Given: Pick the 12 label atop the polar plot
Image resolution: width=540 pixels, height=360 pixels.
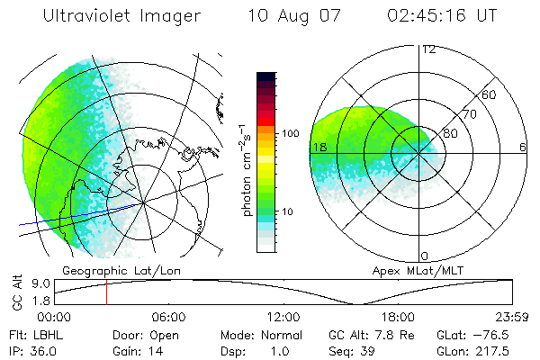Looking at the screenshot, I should coord(428,49).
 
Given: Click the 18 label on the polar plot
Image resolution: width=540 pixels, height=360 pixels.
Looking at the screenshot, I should coord(318,146).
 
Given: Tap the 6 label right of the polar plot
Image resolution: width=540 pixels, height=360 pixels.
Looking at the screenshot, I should coord(522,146).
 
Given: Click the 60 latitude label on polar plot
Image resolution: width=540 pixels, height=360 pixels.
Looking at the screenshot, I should coord(490,94).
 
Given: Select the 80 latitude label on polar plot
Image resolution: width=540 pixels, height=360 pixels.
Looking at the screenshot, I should coord(451,133).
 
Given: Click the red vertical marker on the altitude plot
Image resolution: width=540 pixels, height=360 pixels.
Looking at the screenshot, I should coord(106,292).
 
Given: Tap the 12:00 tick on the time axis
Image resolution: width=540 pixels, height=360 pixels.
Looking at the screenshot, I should coord(284,317).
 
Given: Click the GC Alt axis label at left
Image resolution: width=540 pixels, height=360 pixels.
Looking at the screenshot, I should coord(15,292).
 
